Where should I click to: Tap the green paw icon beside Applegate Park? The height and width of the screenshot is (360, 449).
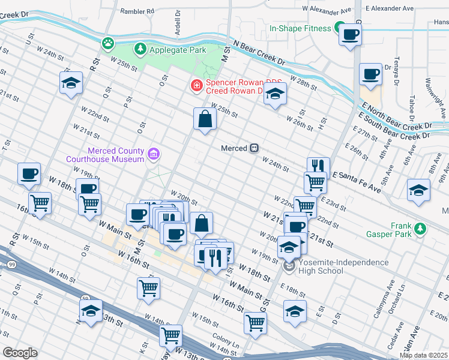[108, 43]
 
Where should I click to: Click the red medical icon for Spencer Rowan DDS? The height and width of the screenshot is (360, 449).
[196, 86]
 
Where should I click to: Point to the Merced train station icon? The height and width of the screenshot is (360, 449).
[255, 148]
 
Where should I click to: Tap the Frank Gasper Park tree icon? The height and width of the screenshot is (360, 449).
[420, 229]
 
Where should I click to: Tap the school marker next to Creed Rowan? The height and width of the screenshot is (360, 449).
[275, 94]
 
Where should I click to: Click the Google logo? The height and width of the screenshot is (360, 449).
[20, 353]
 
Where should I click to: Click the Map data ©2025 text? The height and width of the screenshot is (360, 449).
[423, 355]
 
